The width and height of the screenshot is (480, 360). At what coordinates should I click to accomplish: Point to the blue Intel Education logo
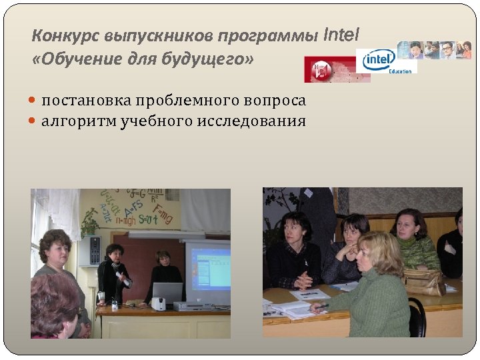379,61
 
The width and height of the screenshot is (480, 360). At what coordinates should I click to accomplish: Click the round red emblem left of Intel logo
321,69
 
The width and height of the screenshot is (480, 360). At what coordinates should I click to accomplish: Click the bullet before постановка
34,101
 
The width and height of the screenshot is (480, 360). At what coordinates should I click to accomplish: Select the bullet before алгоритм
34,121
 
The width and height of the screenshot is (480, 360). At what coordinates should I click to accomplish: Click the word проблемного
176,101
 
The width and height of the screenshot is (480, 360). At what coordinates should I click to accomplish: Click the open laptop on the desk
167,293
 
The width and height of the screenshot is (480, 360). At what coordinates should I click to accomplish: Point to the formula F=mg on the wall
165,215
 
